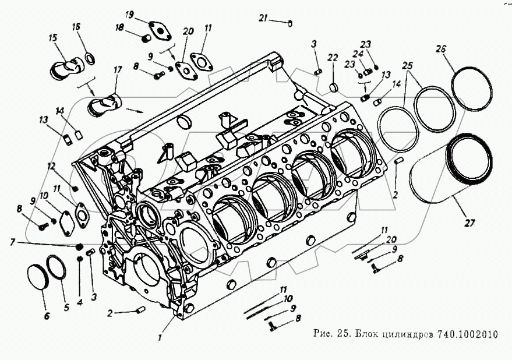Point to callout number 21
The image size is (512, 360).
264,19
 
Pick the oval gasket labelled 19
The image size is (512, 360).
154,29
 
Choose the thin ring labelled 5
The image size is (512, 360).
57,267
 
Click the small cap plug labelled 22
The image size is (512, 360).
333,87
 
